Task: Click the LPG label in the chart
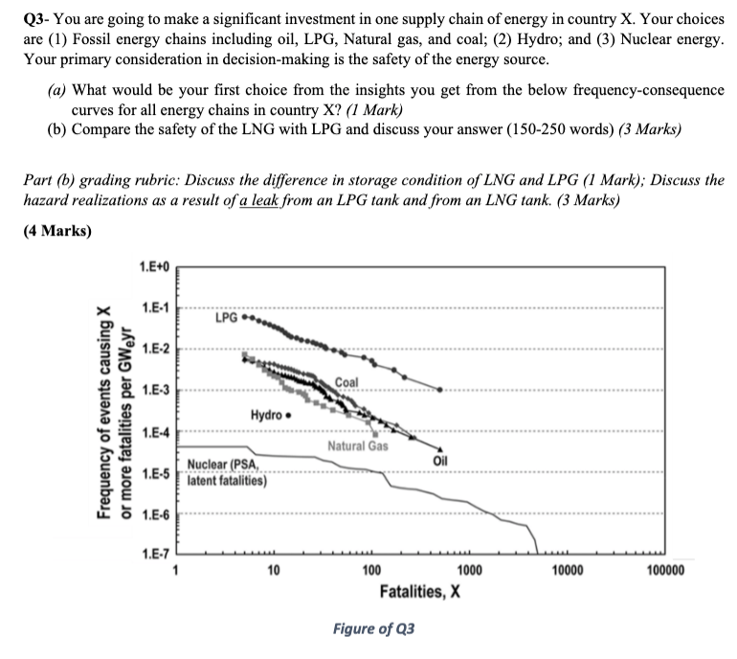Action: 227,315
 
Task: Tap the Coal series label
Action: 346,383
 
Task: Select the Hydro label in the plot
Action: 265,415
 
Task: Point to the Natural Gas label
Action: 357,447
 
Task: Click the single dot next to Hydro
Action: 288,416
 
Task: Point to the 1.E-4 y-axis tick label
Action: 155,432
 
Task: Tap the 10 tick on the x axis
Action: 274,572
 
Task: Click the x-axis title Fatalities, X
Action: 421,591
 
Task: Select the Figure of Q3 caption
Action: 374,628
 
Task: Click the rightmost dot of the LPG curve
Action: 439,390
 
